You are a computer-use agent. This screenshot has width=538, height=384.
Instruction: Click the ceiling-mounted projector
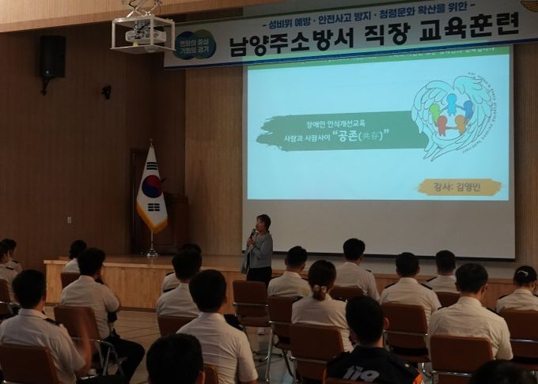tap(142, 33)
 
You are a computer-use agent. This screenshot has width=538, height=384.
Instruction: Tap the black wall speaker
tap(53, 57)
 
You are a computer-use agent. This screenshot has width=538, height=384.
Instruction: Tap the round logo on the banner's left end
tap(195, 44)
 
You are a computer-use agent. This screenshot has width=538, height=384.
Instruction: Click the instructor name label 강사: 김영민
tap(460, 186)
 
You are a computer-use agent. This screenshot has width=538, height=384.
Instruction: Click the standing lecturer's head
tap(263, 222)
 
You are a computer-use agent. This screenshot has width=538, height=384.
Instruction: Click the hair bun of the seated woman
tap(320, 292)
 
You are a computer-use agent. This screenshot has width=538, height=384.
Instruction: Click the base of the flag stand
tap(151, 254)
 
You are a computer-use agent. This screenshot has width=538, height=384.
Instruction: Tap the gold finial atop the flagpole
tap(150, 144)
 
